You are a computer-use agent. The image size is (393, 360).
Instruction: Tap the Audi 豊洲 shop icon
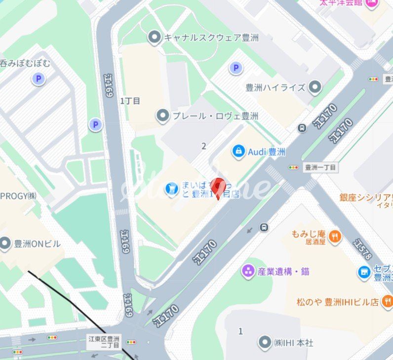238,152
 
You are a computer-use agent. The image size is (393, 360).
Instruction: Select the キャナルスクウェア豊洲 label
211,38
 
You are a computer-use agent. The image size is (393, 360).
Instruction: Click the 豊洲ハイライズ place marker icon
315,87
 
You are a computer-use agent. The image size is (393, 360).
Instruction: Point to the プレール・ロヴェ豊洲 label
215,116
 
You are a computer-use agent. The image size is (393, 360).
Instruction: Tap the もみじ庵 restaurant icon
335,236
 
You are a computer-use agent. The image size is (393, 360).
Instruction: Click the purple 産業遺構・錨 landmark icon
248,271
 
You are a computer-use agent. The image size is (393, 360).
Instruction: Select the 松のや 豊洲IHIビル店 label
337,301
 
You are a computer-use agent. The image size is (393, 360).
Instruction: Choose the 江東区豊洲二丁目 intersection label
104,342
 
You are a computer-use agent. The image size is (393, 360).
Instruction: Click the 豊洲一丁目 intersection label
320,167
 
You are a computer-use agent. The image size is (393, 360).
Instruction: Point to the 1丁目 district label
130,101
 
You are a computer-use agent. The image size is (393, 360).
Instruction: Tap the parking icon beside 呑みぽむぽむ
38,79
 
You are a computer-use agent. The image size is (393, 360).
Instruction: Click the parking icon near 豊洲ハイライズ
236,68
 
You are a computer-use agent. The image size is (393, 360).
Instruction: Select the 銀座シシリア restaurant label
366,197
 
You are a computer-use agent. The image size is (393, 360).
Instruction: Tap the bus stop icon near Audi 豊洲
302,128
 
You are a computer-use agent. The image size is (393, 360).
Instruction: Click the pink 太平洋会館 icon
372,3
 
